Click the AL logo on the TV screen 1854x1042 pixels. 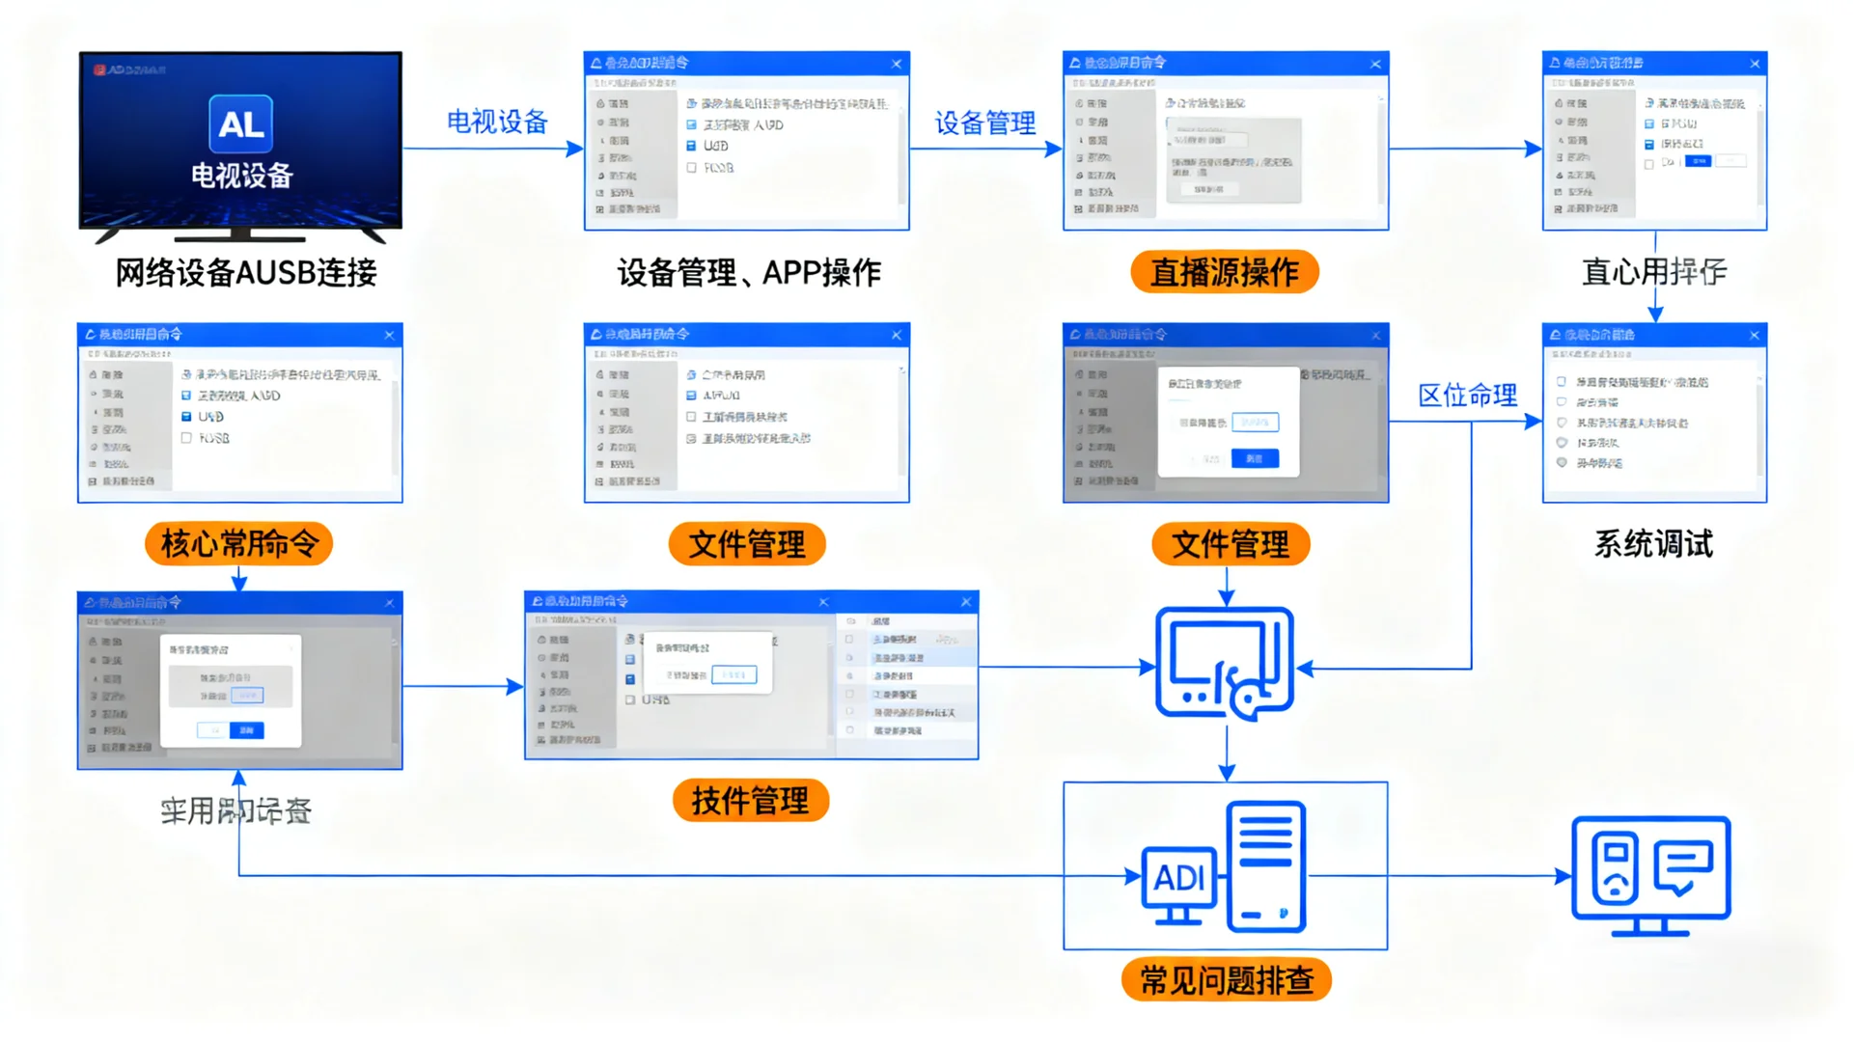point(240,123)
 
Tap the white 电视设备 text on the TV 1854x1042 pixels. point(241,176)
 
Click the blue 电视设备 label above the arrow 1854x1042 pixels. point(497,122)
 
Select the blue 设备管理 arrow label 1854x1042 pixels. point(984,123)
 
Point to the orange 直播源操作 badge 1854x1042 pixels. point(1224,272)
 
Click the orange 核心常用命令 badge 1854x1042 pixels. point(239,544)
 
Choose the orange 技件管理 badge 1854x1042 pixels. point(750,801)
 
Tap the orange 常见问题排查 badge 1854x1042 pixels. point(1226,980)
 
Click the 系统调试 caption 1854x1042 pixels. point(1653,544)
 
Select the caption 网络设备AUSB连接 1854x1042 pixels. point(246,273)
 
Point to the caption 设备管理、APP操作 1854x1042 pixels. point(749,273)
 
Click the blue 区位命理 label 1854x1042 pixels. point(1467,395)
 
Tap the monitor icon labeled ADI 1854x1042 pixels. point(1178,883)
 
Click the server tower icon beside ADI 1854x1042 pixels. point(1266,867)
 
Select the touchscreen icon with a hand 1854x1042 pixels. point(1225,664)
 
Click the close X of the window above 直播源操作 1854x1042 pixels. point(1375,64)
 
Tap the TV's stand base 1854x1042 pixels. point(241,234)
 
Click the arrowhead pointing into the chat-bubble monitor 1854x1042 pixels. point(1563,876)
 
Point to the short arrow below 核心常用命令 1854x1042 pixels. point(239,579)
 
